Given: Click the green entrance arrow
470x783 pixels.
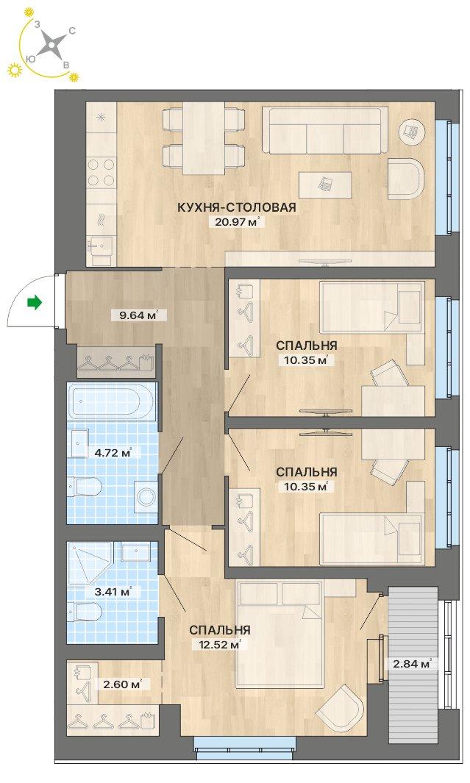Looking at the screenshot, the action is tap(34, 301).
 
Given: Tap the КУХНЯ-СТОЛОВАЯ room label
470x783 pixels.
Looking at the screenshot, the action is tap(237, 207).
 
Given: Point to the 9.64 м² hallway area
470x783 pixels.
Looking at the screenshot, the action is tap(136, 315).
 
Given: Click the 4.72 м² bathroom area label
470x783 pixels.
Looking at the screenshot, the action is tap(113, 454).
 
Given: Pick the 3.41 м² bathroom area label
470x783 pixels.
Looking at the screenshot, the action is tap(113, 593).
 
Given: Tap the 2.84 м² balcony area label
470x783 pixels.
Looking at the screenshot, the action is tap(412, 664).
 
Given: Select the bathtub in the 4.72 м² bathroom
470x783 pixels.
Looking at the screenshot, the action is tap(112, 401).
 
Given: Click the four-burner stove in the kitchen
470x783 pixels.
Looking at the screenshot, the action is tap(102, 172).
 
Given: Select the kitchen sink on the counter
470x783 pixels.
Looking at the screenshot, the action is tap(100, 246).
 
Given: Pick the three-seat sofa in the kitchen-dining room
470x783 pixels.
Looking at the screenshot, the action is tap(325, 130).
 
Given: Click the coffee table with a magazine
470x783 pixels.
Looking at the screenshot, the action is tap(325, 185).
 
